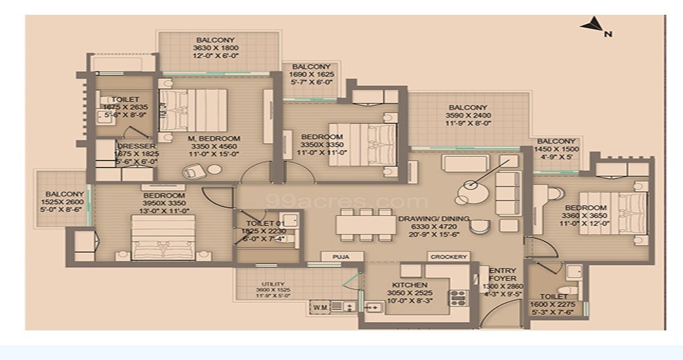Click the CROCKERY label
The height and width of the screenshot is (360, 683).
[x=449, y=257]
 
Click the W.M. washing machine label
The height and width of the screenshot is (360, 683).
[x=319, y=306]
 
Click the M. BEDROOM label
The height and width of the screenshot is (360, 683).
[x=214, y=138]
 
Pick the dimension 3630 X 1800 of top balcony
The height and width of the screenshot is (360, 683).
[x=215, y=49]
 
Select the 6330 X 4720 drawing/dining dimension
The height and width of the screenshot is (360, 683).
[x=433, y=228]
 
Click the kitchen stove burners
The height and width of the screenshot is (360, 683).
[x=458, y=299]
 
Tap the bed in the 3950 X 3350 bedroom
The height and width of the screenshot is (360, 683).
[x=163, y=236]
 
